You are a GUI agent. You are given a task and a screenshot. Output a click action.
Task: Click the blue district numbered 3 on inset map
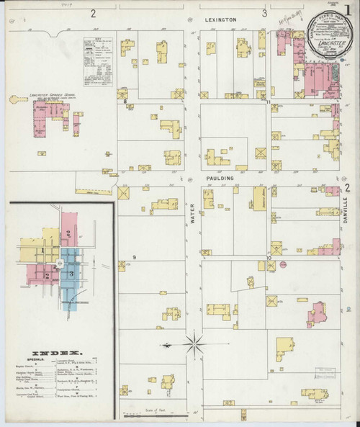click(71, 274)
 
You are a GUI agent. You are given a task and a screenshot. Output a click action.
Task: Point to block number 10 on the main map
click(269, 258)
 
